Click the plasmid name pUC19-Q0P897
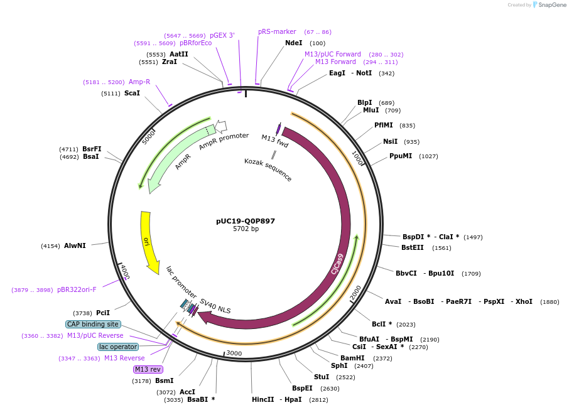pos(245,221)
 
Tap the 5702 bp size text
pos(245,229)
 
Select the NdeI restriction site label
pos(293,43)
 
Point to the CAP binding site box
pos(93,324)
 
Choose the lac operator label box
pos(118,347)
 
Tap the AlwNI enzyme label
pos(75,245)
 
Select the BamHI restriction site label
pos(352,358)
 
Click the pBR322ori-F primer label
pos(77,289)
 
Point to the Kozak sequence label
pos(268,170)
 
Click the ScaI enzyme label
pos(132,93)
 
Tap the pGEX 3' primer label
pos(222,35)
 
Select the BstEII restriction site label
pos(413,247)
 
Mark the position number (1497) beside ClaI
pos(473,237)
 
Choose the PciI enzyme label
pos(102,312)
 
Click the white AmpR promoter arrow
pos(221,126)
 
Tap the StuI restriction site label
pos(322,377)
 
